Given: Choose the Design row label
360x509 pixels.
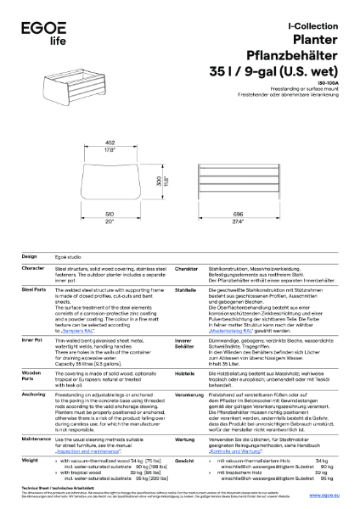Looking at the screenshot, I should coord(29,255).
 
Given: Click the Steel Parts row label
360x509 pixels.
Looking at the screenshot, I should coord(34,289).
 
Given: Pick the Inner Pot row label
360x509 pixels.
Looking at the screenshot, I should coord(32,339).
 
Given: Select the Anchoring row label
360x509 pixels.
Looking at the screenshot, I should coord(34,394).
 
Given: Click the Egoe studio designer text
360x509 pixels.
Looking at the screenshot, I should coord(71,255).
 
